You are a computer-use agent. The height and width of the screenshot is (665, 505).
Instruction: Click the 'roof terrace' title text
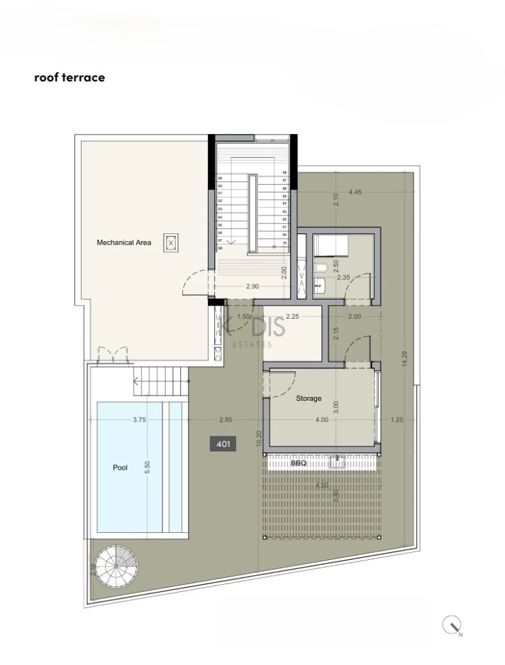click(69, 78)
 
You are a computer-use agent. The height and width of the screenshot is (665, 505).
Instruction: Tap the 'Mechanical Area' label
click(124, 242)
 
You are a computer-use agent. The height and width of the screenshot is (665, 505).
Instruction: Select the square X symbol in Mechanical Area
click(171, 242)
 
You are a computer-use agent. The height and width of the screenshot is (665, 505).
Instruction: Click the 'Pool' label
click(120, 468)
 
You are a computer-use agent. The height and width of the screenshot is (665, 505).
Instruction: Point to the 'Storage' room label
click(308, 398)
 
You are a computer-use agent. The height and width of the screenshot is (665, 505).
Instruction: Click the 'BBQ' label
click(299, 463)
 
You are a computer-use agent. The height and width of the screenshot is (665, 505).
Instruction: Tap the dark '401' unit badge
click(223, 444)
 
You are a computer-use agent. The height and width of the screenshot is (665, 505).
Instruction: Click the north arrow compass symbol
click(452, 625)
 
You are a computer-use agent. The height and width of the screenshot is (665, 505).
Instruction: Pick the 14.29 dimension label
click(396, 359)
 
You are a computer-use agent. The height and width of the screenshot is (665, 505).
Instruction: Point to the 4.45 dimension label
click(355, 192)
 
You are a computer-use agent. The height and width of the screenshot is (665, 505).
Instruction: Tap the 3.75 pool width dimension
click(138, 419)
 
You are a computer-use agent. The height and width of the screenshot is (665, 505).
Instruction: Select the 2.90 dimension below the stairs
click(252, 287)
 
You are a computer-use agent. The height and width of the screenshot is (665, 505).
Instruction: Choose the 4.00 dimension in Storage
click(321, 420)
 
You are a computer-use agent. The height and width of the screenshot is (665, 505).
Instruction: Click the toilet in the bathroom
click(320, 268)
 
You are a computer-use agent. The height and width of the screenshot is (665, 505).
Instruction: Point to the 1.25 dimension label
click(396, 420)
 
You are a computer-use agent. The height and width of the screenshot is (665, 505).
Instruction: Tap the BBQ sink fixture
click(339, 462)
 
